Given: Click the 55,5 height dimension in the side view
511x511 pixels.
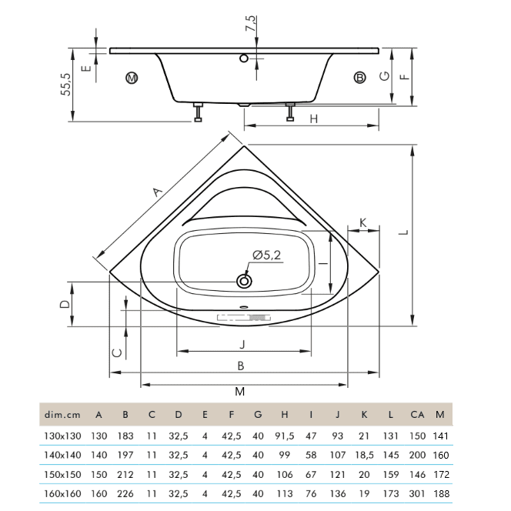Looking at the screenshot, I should coord(67,85).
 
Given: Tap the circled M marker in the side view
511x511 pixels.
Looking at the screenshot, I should coord(132,78).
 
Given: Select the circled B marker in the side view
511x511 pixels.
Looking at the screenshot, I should coord(359,77).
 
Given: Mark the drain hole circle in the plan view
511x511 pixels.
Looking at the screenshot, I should coord(245,281).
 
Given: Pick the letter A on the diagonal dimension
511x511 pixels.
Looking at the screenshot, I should coord(157,191).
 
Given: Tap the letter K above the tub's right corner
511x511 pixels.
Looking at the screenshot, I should coord(364,222).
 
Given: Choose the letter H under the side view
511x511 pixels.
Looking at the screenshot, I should coord(313,119).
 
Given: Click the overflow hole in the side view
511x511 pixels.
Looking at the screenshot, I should coord(244,57).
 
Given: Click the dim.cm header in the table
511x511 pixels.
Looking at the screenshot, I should coord(60,415).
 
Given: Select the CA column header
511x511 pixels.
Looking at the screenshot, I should coord(417,415).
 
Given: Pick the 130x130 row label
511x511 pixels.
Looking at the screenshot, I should coord(60,436).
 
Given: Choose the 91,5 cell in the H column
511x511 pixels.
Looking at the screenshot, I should coord(284,436).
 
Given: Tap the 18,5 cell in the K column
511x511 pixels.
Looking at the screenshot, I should coord(364,456).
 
